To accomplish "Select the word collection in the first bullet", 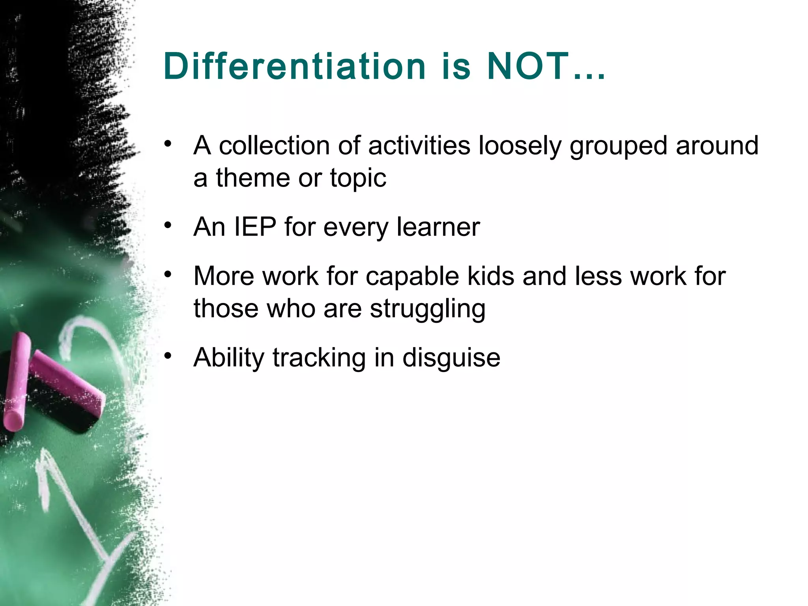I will [x=274, y=146].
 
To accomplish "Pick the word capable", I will [x=412, y=276].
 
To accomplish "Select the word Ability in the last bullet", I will [x=228, y=358].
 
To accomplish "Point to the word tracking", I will [x=319, y=358].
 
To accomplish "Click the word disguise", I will [x=451, y=358].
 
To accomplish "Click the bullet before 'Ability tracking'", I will [x=168, y=355].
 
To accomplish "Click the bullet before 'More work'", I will [x=168, y=274].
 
